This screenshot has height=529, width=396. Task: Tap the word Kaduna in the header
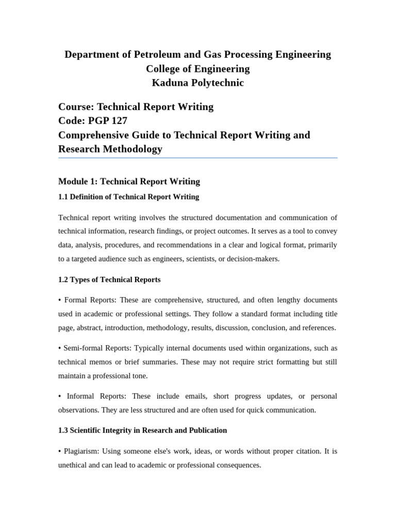pos(170,83)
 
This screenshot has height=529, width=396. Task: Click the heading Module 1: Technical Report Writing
pos(129,181)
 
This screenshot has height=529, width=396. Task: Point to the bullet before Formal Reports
pos(60,300)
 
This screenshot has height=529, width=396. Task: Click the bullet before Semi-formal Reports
pos(60,348)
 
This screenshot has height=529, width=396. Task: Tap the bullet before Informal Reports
pos(60,396)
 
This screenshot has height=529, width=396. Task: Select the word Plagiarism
pos(81,451)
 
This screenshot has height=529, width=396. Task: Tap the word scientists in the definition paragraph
pos(194,259)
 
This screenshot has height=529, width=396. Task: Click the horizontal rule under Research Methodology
pos(198,158)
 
